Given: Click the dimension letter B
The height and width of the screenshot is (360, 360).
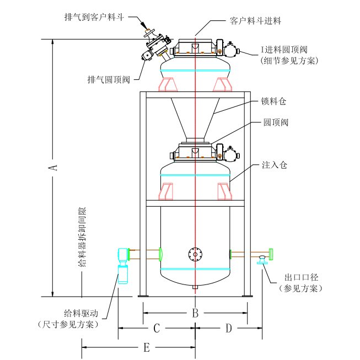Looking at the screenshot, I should [x=195, y=313].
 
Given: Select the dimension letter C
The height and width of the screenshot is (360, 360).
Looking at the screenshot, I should [x=156, y=329].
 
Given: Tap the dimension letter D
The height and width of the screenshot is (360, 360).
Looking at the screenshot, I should [x=228, y=329].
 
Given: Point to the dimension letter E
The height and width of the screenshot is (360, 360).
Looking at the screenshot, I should [x=146, y=347].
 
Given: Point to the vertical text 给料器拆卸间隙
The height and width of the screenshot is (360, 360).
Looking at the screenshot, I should [x=82, y=238].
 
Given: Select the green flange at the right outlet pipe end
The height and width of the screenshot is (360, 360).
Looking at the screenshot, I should [x=271, y=254].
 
